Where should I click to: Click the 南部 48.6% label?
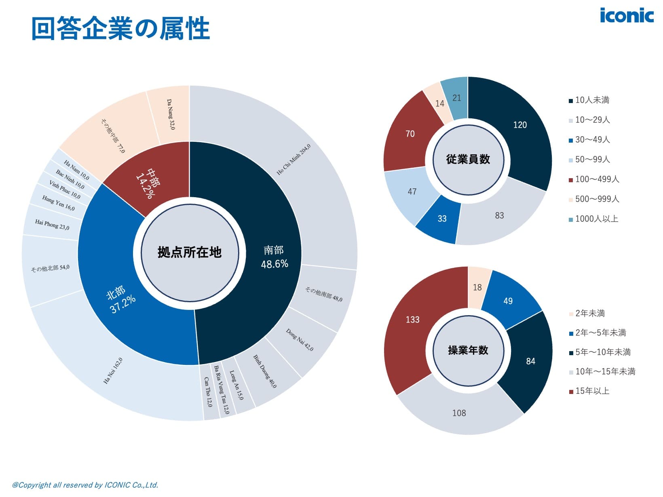point(274,257)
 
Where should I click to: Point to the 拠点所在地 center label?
point(190,253)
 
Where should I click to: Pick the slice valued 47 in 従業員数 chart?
point(412,192)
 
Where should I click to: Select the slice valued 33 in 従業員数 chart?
point(442,219)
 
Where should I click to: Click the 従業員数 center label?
point(468,160)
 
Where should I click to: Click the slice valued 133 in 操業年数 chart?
point(412,320)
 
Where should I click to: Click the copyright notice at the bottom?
point(85,485)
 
